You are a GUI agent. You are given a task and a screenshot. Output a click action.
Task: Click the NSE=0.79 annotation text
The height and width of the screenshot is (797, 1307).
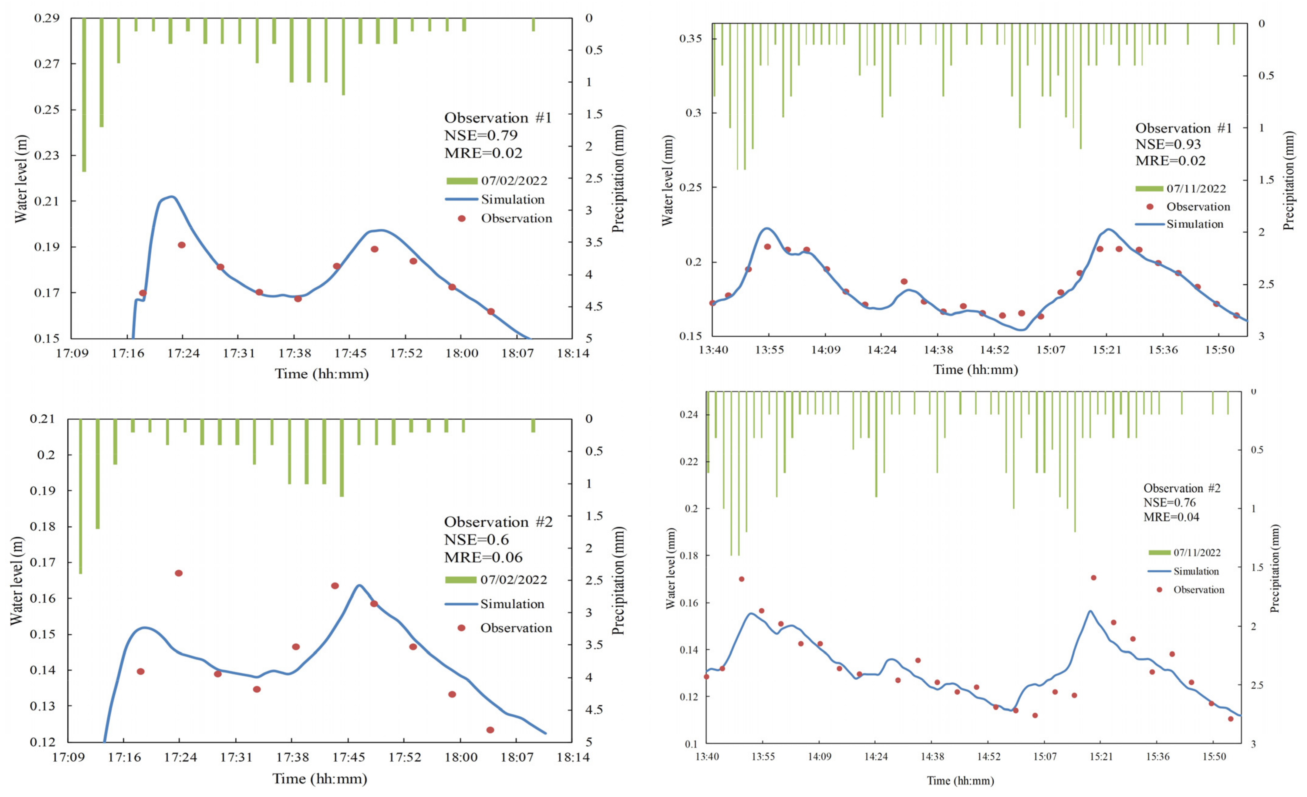coord(480,135)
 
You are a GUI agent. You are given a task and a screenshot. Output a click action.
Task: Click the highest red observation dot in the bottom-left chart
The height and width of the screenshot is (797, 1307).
coord(179,573)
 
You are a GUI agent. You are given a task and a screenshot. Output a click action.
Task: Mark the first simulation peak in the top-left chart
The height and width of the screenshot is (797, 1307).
coord(171,197)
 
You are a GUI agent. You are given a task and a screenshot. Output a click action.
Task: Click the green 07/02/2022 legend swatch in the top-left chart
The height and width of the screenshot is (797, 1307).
coord(462,181)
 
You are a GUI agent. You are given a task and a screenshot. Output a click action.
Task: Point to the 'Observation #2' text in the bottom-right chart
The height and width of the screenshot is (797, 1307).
coord(1181,488)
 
